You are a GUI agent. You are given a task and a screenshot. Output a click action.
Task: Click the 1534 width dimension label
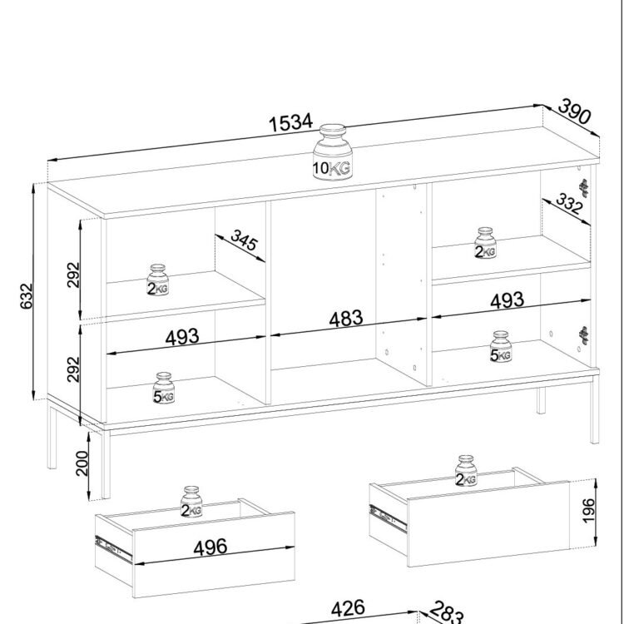291,122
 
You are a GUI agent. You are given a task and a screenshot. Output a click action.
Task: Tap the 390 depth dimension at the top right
575,111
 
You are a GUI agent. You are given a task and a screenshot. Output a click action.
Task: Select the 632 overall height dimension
27,295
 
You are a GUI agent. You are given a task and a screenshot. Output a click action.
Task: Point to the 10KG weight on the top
332,152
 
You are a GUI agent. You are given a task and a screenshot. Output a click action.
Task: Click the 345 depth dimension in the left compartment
245,240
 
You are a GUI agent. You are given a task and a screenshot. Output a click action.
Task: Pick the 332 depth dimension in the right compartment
569,203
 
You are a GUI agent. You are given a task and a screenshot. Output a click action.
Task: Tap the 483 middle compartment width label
346,319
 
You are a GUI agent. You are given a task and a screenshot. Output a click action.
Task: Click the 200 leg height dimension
82,463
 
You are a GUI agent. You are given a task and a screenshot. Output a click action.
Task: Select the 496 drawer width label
210,547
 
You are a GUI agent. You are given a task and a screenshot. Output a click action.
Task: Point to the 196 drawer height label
587,511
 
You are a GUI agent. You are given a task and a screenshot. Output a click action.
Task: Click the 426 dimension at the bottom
348,609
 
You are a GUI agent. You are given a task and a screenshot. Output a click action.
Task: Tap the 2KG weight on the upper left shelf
157,280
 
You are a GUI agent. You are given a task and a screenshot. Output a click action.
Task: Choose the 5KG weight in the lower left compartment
164,388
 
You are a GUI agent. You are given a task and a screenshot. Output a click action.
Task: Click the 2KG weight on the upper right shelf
486,243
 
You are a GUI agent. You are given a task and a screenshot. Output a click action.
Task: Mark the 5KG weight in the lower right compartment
501,347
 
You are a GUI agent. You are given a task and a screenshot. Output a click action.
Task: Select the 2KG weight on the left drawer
191,502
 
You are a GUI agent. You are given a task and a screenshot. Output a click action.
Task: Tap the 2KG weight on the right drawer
466,471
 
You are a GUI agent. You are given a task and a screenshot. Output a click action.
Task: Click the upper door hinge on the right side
583,188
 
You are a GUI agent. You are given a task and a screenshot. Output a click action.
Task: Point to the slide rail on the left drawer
113,547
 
